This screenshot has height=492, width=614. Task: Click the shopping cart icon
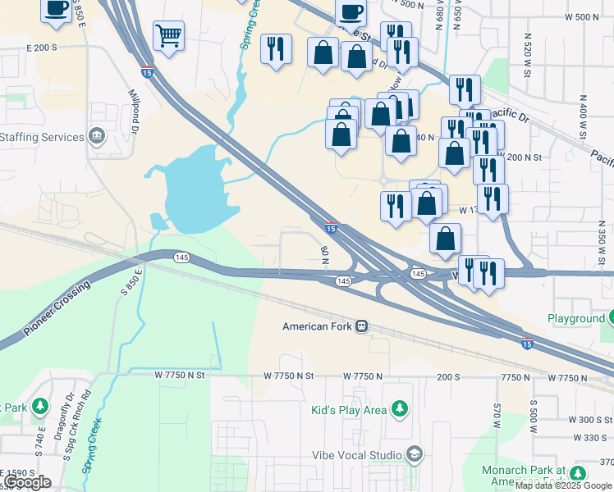168,35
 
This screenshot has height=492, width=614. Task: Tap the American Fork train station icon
360,326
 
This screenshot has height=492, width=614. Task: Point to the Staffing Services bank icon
97,134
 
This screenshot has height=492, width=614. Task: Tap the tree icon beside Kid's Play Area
400,408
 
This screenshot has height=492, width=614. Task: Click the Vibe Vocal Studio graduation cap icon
415,453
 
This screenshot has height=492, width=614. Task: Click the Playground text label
575,318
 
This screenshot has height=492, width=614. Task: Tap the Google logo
27,481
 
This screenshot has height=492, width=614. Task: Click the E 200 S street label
42,48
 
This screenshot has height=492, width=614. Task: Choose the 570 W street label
497,415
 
